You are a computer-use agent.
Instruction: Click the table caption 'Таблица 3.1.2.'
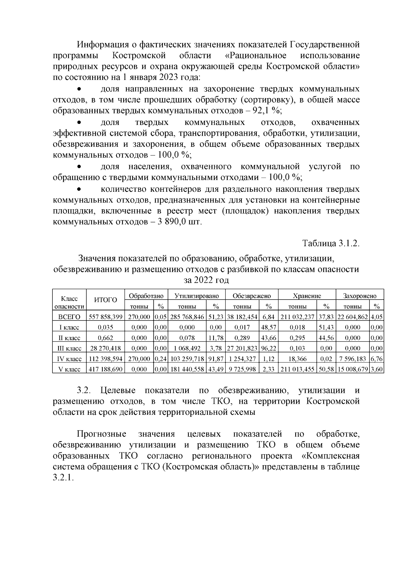pyautogui.click(x=331, y=243)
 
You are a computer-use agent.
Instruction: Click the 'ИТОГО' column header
pyautogui.click(x=105, y=300)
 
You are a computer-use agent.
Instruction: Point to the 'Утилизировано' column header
pyautogui.click(x=196, y=296)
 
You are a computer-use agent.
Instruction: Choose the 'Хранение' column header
pyautogui.click(x=307, y=296)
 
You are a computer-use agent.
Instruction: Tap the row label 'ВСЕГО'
pyautogui.click(x=70, y=317)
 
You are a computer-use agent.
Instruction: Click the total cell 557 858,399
pyautogui.click(x=105, y=317)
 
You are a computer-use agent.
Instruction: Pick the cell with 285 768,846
pyautogui.click(x=187, y=317)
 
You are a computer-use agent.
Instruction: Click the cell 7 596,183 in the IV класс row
pyautogui.click(x=352, y=359)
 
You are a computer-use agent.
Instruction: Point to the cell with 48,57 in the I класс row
pyautogui.click(x=268, y=327)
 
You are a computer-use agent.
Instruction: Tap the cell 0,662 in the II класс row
pyautogui.click(x=105, y=338)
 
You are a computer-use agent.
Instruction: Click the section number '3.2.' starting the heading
pyautogui.click(x=84, y=391)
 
